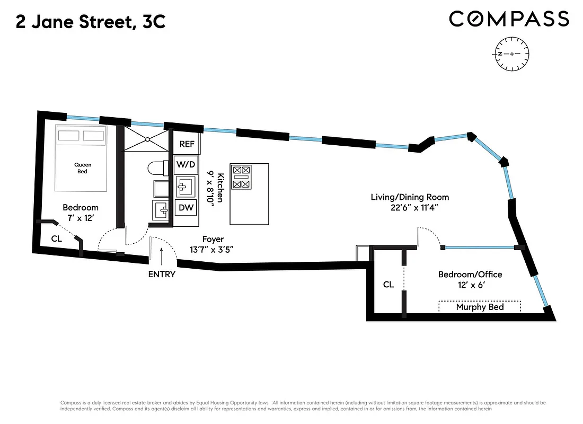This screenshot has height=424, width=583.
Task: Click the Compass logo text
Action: click(x=509, y=19)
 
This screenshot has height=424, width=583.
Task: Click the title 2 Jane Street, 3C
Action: click(x=91, y=22)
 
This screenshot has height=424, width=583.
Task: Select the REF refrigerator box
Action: click(x=187, y=144)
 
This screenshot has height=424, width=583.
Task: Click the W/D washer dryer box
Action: click(x=186, y=165)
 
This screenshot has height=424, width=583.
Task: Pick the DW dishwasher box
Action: click(x=186, y=207)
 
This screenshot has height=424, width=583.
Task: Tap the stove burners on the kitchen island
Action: click(x=241, y=177)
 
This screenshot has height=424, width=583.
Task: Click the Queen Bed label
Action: click(x=81, y=167)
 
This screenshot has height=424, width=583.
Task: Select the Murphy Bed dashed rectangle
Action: click(x=480, y=307)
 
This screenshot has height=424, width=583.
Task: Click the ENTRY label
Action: click(x=162, y=275)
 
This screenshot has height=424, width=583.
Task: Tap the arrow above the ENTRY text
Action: click(x=162, y=257)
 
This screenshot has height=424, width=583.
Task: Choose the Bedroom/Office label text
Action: click(x=470, y=275)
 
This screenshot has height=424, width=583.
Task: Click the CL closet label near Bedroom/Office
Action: click(x=388, y=285)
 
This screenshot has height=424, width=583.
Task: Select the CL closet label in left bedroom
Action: click(x=57, y=238)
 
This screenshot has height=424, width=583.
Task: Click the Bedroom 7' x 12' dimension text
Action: click(x=81, y=217)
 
